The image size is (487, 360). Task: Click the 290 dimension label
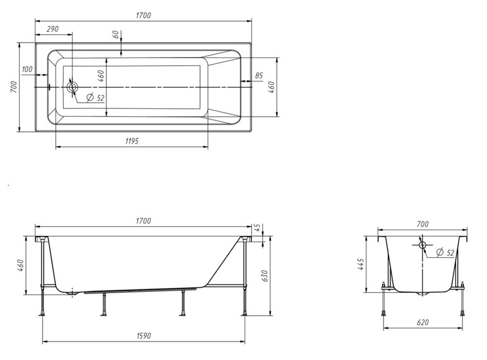pos(53,29)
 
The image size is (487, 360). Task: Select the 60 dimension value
pos(116,35)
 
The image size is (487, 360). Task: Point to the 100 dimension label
pos(27,69)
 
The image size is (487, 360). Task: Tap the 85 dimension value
pos(259,76)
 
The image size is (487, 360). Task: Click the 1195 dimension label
pos(132,141)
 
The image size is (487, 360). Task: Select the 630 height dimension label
pos(264,276)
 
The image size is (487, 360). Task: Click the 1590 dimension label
pos(144,336)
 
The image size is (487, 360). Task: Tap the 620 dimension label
pos(423,322)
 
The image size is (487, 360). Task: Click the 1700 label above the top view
pos(144,15)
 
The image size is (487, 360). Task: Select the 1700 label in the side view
pos(144,221)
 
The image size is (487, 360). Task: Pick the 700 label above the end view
pos(423,224)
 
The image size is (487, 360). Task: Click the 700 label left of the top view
pos(13,87)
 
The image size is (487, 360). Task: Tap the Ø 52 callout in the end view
pos(445,252)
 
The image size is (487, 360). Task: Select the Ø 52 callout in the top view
pos(95,98)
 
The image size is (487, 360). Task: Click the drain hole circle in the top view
pos(73,87)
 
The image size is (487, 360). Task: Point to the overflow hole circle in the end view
pos(422,245)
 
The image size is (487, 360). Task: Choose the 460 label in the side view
pos(20,265)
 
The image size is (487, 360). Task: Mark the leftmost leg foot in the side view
pos(42,314)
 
